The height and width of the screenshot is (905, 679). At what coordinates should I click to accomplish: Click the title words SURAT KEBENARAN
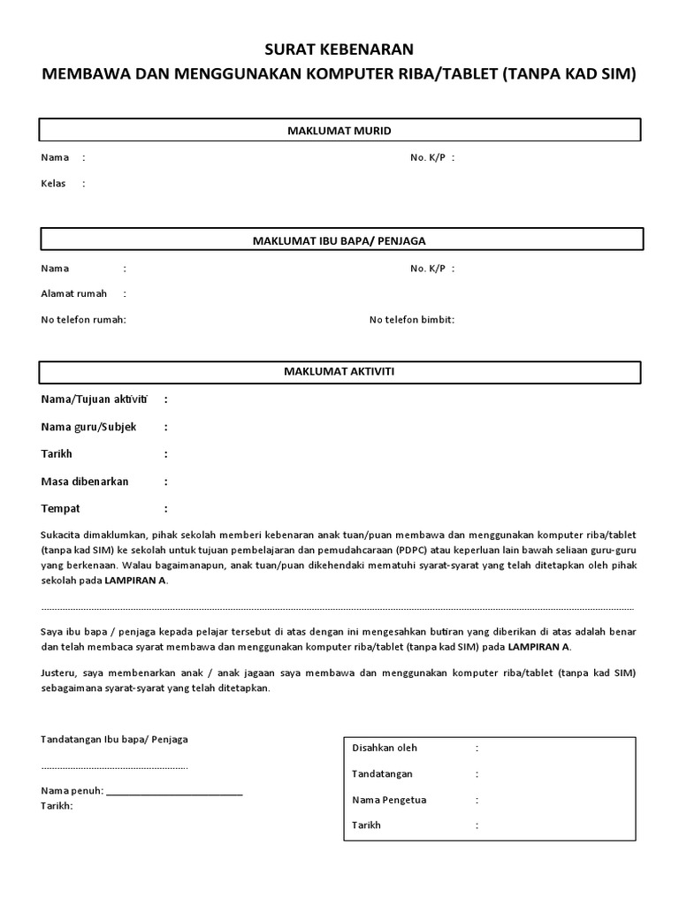pyautogui.click(x=339, y=49)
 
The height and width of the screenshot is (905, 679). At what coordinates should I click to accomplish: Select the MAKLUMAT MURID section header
pyautogui.click(x=339, y=131)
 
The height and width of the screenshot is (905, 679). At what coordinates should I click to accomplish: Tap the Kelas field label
pyautogui.click(x=54, y=184)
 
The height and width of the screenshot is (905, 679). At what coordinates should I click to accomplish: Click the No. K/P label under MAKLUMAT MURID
pyautogui.click(x=429, y=157)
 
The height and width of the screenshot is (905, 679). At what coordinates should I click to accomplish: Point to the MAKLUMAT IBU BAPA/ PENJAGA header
pyautogui.click(x=339, y=240)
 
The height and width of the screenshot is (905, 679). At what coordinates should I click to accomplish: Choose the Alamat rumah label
pyautogui.click(x=74, y=293)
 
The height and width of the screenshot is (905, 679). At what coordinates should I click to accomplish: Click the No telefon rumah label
pyautogui.click(x=84, y=319)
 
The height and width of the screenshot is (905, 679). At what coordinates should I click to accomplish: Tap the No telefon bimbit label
pyautogui.click(x=412, y=319)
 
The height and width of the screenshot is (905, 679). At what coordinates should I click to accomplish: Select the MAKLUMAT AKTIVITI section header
pyautogui.click(x=339, y=371)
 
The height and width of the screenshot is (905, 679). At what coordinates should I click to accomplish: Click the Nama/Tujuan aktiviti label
pyautogui.click(x=94, y=399)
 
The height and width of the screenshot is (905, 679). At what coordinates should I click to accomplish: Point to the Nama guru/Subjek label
pyautogui.click(x=89, y=427)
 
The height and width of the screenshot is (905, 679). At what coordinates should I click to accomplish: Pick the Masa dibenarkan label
pyautogui.click(x=85, y=482)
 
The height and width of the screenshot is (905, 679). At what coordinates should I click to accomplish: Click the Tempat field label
pyautogui.click(x=61, y=509)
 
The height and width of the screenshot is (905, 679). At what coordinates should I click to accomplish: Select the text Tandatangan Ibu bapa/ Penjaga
pyautogui.click(x=114, y=739)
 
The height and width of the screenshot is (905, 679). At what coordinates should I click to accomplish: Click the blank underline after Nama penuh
pyautogui.click(x=174, y=791)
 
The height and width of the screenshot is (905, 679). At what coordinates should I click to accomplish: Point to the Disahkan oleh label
pyautogui.click(x=385, y=748)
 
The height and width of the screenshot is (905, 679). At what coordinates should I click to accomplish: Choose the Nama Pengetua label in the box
pyautogui.click(x=389, y=800)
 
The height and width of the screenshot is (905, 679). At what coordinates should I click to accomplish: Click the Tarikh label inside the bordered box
pyautogui.click(x=366, y=825)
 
